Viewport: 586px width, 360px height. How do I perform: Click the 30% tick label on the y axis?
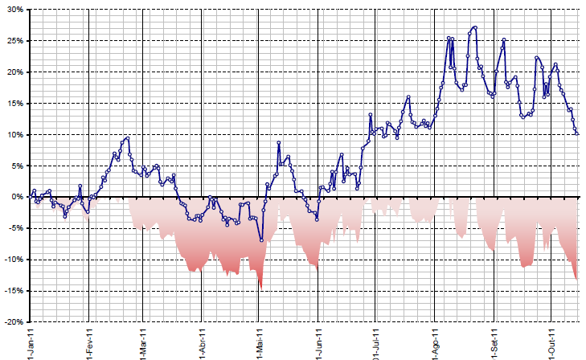point(14,10)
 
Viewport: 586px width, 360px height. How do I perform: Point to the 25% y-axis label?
point(14,41)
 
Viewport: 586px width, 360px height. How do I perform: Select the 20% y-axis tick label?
point(14,72)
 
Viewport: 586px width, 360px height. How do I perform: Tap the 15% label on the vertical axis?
point(14,104)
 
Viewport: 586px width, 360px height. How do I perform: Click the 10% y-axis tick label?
point(14,135)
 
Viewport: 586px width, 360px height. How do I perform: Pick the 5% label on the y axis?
point(16,166)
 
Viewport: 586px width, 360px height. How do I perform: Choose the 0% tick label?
point(16,197)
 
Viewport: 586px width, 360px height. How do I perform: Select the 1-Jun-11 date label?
point(318,342)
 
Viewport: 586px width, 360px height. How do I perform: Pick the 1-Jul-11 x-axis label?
point(375,342)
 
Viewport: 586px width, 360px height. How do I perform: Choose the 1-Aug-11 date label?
point(435,342)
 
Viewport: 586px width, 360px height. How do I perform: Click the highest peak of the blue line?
point(475,27)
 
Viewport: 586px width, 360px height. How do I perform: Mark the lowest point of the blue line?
point(261,240)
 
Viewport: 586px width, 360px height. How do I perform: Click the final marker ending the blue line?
point(577,133)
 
